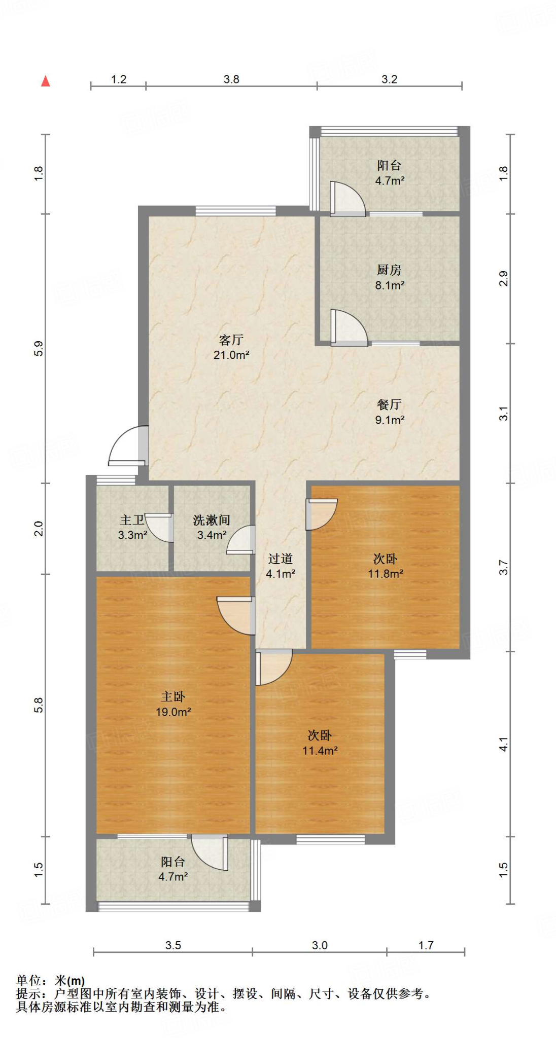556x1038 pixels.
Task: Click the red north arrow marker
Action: (46, 81)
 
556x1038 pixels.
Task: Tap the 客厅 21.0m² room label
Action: (231, 347)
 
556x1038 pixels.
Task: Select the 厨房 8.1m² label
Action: (390, 277)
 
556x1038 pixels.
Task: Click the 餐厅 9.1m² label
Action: (390, 412)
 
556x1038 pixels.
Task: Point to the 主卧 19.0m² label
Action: (173, 704)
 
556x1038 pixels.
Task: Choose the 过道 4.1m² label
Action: (281, 566)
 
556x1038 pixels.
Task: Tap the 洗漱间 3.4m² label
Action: (212, 527)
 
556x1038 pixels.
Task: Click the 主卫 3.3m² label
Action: (132, 527)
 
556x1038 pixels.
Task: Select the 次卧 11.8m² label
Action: (386, 566)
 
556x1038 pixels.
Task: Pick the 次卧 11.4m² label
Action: (320, 743)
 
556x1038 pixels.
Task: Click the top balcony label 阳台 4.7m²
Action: (390, 172)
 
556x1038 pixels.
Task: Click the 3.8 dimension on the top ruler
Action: (231, 79)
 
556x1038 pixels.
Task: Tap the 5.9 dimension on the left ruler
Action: (39, 349)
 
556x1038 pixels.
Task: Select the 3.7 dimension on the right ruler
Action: (503, 567)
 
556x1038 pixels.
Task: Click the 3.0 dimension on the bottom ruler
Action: (320, 945)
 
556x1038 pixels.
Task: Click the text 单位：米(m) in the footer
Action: (51, 981)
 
